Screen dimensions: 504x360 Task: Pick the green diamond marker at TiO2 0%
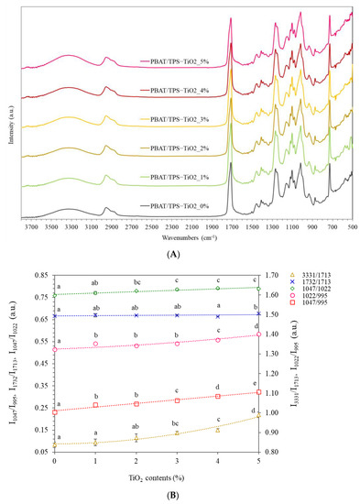(54, 295)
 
